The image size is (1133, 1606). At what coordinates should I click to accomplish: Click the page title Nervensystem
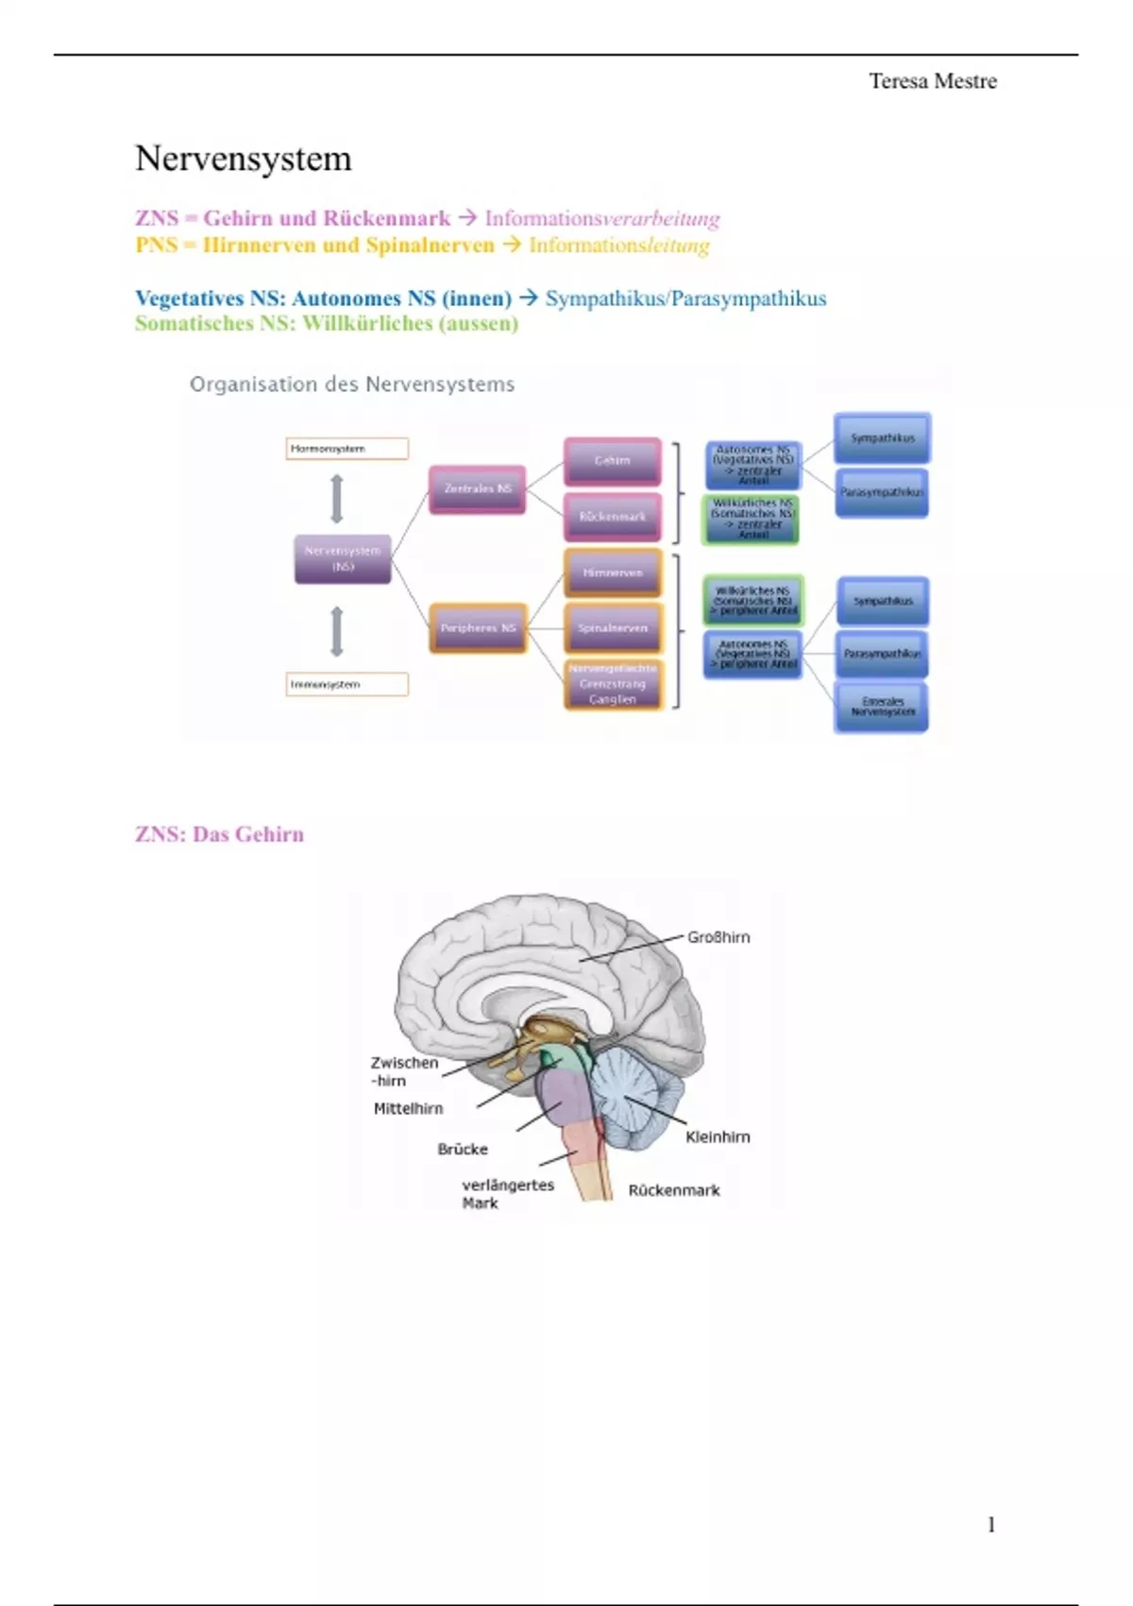coord(244,159)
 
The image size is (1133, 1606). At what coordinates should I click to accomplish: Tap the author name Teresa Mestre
coord(932,81)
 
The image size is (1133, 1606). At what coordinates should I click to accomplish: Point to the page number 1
coord(990,1524)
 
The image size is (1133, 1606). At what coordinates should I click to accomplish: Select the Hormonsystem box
coord(347,449)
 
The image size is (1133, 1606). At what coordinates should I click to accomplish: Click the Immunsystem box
coord(347,684)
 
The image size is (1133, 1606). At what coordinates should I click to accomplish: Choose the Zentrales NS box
coord(478,488)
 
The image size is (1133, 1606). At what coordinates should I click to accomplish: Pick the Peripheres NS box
coord(478,628)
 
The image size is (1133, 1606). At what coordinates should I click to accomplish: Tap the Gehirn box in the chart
coord(612,461)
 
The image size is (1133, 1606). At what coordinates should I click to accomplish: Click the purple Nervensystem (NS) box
coord(343,558)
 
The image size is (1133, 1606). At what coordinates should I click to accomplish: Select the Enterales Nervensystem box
coord(882,707)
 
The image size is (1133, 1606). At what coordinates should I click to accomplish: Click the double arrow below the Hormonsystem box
coord(337,498)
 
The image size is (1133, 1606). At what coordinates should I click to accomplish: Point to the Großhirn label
coord(719,937)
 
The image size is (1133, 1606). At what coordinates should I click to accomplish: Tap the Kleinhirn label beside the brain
coord(718,1136)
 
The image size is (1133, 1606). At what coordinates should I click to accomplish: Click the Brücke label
coord(463,1149)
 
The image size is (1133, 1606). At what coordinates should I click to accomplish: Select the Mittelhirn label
coord(408,1108)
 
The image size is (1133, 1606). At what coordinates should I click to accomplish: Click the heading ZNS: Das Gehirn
coord(219,834)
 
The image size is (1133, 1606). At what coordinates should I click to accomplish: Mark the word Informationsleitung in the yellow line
coord(618,246)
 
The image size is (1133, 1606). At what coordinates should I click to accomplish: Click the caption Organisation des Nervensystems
coord(352,384)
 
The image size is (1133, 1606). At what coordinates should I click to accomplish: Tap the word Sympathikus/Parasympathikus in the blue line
coord(685,299)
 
